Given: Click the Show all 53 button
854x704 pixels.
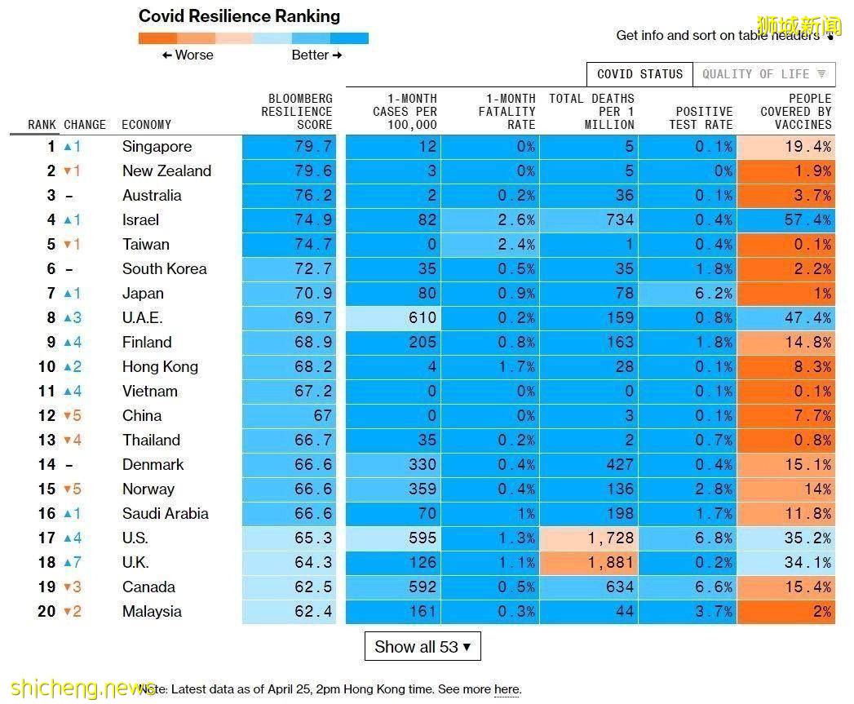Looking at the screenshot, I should coord(423,646).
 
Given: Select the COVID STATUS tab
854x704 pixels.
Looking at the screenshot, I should coord(639,74).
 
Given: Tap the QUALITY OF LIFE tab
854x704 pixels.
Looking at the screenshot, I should coord(763,74).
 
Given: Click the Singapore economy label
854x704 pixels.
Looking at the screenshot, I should coord(157,147).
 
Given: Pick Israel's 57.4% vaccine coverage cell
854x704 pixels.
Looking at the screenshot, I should coord(786,220).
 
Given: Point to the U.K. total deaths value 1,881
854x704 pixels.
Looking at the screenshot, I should coord(589,563).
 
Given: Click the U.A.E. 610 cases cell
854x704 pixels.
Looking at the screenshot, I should coord(393,318).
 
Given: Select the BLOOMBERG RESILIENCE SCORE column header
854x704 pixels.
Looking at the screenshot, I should coord(296,112).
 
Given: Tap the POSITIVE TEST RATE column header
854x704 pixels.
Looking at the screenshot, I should coord(701,118).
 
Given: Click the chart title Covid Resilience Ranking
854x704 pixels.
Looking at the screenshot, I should coord(239,16).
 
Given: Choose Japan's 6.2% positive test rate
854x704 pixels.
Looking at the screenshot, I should coord(688,294).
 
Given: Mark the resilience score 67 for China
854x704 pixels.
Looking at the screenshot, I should coord(289,416).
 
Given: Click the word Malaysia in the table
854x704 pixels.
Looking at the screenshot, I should coord(152,612).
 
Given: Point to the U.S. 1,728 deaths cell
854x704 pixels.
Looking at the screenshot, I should coord(589,538).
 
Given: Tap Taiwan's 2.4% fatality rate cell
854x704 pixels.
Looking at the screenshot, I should coord(489,245).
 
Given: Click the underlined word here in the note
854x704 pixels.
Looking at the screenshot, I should coord(507,689).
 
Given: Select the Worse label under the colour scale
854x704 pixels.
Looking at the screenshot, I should coord(188,55).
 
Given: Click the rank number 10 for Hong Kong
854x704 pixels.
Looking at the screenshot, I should coord(46,367).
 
